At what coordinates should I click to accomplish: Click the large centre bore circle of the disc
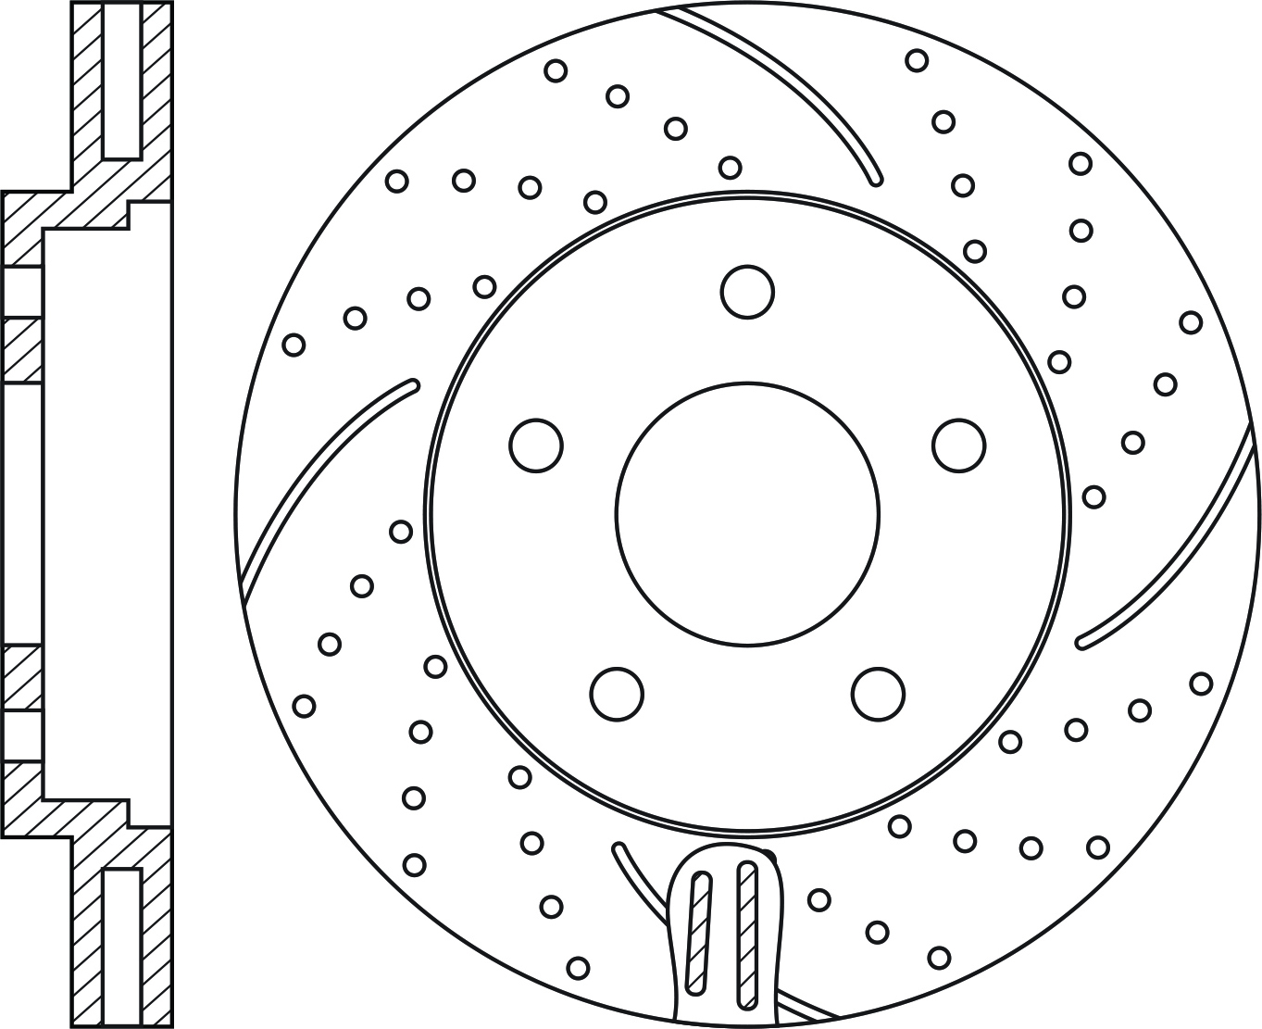(746, 513)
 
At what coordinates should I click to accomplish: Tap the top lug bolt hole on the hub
(746, 292)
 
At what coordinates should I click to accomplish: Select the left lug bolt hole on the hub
(536, 445)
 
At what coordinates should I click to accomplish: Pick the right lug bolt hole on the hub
(958, 445)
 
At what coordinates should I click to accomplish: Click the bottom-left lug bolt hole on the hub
(617, 693)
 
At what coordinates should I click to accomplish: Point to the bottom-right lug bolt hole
(878, 693)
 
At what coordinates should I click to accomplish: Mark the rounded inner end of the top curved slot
(874, 178)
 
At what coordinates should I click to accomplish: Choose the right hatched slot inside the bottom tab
(746, 935)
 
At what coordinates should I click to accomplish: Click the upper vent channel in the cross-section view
(121, 82)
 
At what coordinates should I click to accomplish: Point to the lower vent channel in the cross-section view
(121, 945)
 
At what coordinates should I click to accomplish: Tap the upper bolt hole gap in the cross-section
(22, 293)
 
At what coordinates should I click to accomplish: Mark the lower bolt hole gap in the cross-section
(22, 737)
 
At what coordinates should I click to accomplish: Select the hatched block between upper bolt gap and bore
(22, 350)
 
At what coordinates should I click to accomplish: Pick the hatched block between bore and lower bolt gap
(22, 678)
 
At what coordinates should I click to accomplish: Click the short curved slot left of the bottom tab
(639, 880)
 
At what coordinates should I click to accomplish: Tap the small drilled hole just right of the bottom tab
(818, 899)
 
